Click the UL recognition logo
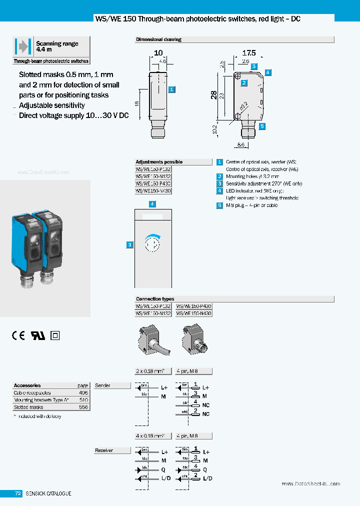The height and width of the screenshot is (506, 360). click(38, 335)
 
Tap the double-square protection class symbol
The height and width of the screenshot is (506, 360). click(55, 335)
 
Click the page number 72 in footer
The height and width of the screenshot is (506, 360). click(17, 493)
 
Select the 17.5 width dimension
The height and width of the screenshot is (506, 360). click(248, 52)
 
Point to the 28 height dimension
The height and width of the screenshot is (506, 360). click(214, 95)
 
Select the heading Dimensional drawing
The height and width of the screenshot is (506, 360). click(158, 39)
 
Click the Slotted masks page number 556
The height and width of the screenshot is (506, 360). click(83, 407)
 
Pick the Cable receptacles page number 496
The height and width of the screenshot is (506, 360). click(83, 393)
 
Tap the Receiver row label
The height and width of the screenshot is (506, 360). click(104, 450)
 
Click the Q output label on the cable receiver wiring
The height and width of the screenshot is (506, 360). click(163, 470)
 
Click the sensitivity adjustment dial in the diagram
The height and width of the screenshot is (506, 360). click(153, 244)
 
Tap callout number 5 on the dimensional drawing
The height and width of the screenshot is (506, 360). click(261, 126)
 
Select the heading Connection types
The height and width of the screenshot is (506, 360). click(155, 299)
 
